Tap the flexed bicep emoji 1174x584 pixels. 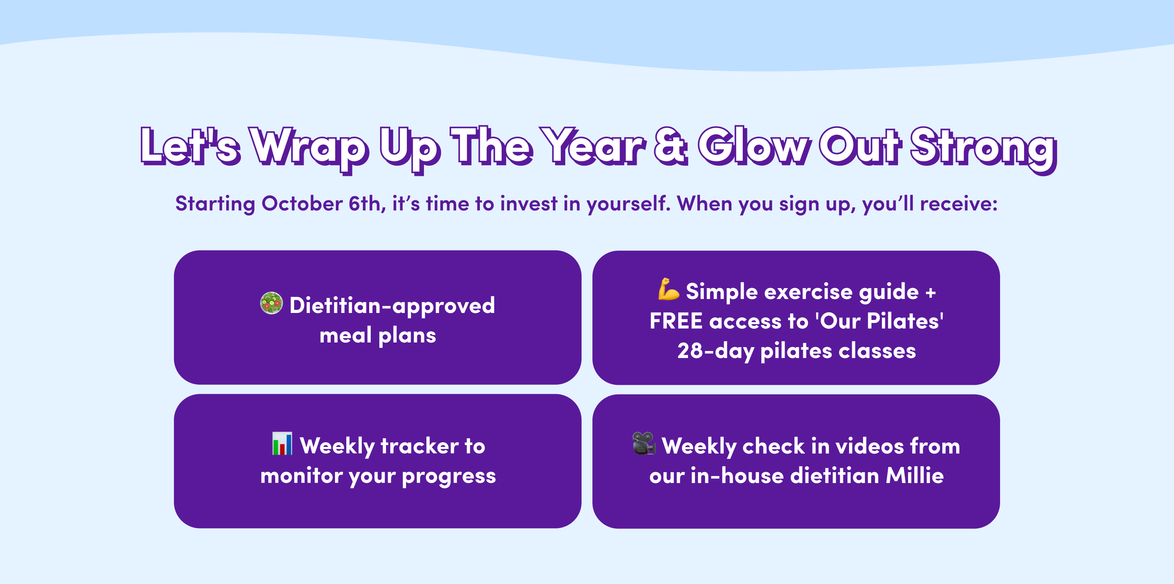669,289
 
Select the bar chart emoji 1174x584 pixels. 282,443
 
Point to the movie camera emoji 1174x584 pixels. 644,443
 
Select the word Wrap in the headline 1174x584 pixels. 309,150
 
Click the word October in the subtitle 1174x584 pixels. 302,203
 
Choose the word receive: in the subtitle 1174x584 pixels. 959,204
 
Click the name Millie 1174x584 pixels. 915,476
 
